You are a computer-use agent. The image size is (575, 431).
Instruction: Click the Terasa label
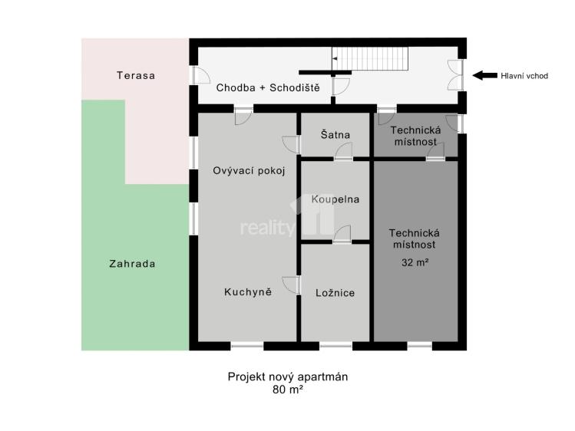pyautogui.click(x=136, y=75)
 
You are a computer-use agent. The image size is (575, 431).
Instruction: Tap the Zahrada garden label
pyautogui.click(x=132, y=264)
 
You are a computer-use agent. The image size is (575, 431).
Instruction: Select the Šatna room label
pyautogui.click(x=335, y=134)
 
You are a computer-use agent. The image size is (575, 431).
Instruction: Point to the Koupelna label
pyautogui.click(x=335, y=199)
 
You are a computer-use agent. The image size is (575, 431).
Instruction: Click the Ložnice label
pyautogui.click(x=335, y=293)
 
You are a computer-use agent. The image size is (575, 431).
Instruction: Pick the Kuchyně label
pyautogui.click(x=248, y=292)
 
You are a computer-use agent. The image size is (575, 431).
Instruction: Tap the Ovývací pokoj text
pyautogui.click(x=249, y=171)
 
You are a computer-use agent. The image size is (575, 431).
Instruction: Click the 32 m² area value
pyautogui.click(x=415, y=262)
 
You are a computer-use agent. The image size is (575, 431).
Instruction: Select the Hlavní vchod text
pyautogui.click(x=524, y=76)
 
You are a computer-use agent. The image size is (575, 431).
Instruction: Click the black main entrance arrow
pyautogui.click(x=484, y=75)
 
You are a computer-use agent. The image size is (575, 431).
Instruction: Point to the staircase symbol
pyautogui.click(x=370, y=58)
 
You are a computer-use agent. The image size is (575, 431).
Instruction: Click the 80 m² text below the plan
pyautogui.click(x=287, y=390)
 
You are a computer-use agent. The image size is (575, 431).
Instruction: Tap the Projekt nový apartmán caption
pyautogui.click(x=287, y=377)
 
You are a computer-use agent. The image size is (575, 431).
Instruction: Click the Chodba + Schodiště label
pyautogui.click(x=268, y=88)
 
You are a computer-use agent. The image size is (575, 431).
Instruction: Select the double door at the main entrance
pyautogui.click(x=456, y=75)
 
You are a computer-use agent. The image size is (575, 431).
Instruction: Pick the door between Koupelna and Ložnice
pyautogui.click(x=342, y=235)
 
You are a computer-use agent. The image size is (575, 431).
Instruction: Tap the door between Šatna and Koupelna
pyautogui.click(x=344, y=152)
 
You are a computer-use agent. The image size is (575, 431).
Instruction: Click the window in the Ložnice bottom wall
pyautogui.click(x=335, y=345)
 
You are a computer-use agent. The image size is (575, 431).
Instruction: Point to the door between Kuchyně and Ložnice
pyautogui.click(x=292, y=285)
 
